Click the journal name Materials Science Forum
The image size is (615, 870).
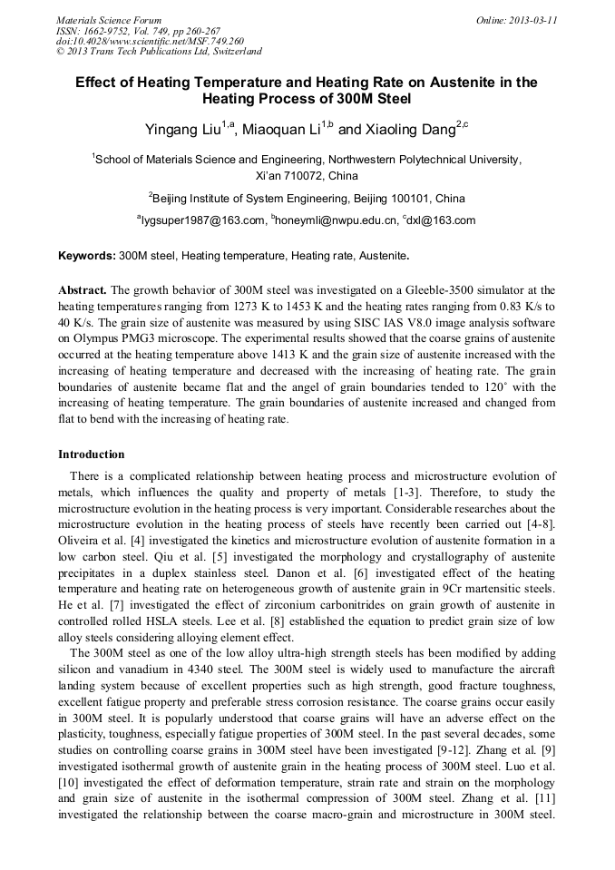click(109, 20)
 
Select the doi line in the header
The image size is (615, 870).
click(150, 41)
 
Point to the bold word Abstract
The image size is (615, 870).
click(83, 290)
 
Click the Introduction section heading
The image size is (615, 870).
click(91, 454)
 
